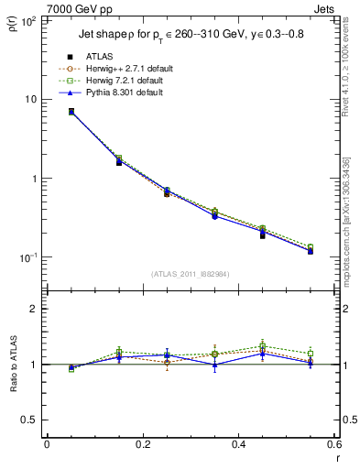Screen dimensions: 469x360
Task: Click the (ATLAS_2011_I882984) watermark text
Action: [x=190, y=273]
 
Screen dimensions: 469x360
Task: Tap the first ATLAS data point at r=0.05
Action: [x=71, y=111]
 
